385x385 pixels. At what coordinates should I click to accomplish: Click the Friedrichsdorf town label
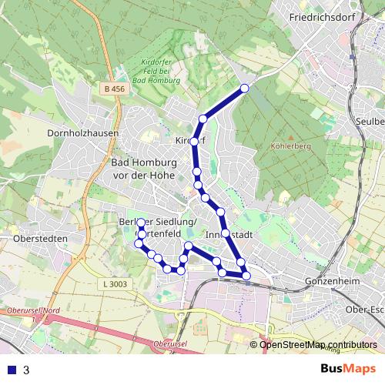pyautogui.click(x=321, y=16)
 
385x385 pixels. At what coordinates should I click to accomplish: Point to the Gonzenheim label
pyautogui.click(x=333, y=282)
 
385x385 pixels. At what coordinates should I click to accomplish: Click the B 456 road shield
pyautogui.click(x=113, y=90)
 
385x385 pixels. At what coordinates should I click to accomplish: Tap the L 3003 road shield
pyautogui.click(x=113, y=284)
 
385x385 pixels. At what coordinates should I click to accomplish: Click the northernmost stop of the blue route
pyautogui.click(x=245, y=89)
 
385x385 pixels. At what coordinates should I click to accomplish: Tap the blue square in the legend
pyautogui.click(x=12, y=370)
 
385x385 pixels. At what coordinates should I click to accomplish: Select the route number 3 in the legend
pyautogui.click(x=26, y=370)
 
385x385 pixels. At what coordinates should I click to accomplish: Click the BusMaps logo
pyautogui.click(x=347, y=369)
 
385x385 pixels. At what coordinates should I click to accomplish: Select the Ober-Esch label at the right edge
pyautogui.click(x=365, y=310)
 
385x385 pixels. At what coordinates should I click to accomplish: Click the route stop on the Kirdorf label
pyautogui.click(x=194, y=142)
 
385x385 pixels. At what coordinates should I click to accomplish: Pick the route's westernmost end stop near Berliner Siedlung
pyautogui.click(x=141, y=223)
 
